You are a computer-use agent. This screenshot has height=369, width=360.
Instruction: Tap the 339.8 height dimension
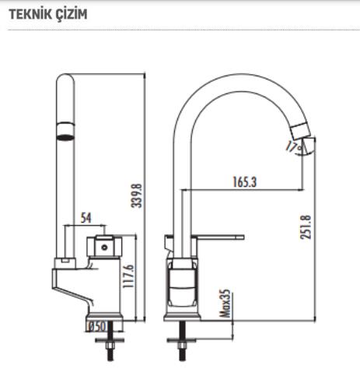[137, 195]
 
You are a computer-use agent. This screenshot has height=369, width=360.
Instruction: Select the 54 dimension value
[86, 217]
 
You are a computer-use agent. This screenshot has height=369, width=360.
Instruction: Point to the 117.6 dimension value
[128, 276]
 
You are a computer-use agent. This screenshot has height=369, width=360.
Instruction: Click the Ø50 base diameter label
[96, 326]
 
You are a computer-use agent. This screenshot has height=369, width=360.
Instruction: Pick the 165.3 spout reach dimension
[245, 182]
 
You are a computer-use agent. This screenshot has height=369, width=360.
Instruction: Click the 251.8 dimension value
[306, 227]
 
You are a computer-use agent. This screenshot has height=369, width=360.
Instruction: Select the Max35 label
[225, 304]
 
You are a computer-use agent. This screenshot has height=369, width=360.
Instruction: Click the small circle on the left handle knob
[104, 248]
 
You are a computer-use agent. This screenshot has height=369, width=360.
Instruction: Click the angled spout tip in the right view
[300, 131]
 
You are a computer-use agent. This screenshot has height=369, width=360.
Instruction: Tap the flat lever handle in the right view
[220, 237]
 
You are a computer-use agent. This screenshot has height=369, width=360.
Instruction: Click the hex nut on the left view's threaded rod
[110, 346]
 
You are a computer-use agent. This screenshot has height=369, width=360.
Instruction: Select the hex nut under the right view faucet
[182, 346]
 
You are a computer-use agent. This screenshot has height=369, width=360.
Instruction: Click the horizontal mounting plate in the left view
[110, 339]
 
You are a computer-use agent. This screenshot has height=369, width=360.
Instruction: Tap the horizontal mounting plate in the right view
[182, 339]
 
